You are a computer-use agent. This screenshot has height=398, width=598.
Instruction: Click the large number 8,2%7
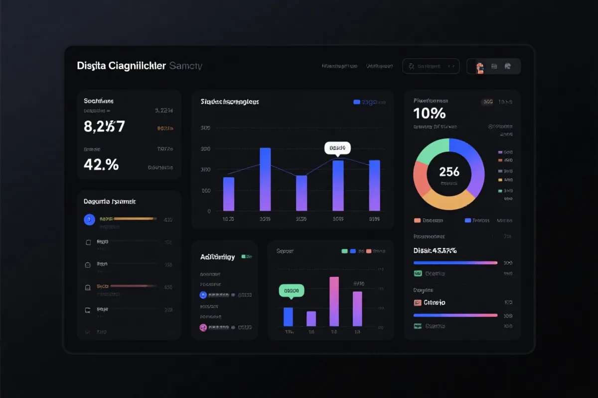coord(104,126)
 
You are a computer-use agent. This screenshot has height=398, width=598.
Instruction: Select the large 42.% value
coord(101,164)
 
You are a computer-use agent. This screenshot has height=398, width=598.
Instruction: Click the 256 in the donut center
coord(449,172)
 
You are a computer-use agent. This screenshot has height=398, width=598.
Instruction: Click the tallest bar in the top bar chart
coord(265,179)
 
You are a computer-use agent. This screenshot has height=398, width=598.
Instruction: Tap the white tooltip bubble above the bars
coord(337,148)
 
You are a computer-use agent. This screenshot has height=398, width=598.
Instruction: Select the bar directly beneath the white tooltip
coord(338,185)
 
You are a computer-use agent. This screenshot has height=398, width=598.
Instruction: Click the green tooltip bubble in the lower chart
coord(292,290)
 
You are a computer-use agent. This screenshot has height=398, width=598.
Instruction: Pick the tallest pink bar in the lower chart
coord(334,301)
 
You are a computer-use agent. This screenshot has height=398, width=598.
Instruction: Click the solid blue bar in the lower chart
coord(288,316)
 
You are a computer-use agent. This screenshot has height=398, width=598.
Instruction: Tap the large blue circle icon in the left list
coord(89,219)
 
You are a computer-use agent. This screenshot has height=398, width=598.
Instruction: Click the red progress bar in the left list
coord(129,286)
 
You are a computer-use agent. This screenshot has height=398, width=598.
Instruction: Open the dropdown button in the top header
coord(431,66)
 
